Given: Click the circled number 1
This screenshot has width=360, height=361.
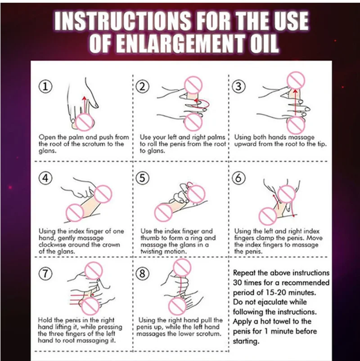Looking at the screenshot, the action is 45,87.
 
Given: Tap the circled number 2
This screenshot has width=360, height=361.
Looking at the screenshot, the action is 143,87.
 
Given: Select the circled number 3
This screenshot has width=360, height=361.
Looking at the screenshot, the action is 238,87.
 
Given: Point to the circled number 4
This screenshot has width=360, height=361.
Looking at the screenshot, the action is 45,178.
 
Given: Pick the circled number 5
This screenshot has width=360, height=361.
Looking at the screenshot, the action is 143,178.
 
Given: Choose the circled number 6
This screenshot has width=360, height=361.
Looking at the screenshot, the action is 238,178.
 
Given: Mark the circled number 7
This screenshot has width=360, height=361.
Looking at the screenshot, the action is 45,273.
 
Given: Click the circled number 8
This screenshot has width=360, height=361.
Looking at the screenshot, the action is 143,273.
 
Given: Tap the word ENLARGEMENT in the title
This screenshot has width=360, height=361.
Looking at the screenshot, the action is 180,44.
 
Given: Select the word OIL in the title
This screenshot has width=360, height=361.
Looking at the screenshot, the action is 262,44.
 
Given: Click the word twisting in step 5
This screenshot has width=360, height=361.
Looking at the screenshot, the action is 152,251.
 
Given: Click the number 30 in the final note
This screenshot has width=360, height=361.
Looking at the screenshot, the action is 238,282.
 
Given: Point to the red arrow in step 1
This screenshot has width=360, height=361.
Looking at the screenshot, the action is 85,105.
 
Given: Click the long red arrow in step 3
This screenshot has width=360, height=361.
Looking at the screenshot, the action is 296,103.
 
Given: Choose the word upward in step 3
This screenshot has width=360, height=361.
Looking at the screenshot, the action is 245,144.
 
